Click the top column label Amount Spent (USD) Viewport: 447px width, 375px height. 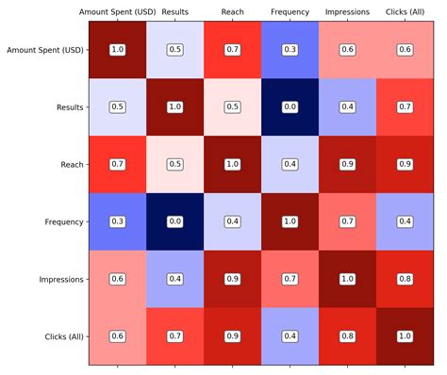pos(117,12)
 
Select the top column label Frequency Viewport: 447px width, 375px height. pos(290,12)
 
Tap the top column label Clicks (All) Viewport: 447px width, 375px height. pos(405,12)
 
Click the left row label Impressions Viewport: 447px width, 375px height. pos(59,279)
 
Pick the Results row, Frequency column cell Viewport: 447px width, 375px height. pos(290,106)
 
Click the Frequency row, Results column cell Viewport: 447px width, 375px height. pos(174,221)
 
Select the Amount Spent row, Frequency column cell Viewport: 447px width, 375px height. pos(290,49)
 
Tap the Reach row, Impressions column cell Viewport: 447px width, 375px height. pos(347,164)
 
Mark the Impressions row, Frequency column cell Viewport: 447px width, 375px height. pos(290,279)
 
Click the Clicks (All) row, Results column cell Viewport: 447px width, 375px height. pos(174,336)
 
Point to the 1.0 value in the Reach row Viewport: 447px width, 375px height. pos(232,164)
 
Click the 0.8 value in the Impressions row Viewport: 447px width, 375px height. pos(405,279)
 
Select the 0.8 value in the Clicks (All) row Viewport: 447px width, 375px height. pos(347,336)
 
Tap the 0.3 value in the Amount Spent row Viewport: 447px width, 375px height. pos(290,49)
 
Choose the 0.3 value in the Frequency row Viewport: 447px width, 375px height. pos(117,221)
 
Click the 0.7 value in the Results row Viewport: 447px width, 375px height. pos(405,106)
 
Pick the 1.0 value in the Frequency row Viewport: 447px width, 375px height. pos(290,221)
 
